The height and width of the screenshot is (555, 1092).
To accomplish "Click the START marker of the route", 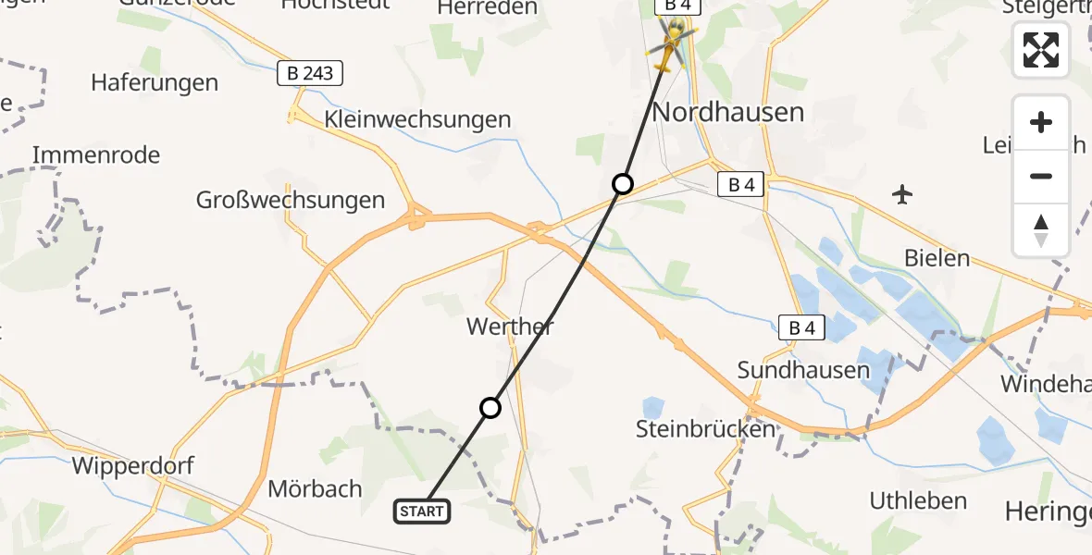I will pyautogui.click(x=423, y=511).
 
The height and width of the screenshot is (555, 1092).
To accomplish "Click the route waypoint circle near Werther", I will pyautogui.click(x=490, y=407).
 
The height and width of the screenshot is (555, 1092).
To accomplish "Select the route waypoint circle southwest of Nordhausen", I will pyautogui.click(x=623, y=184).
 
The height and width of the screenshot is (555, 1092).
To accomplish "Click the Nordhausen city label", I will pyautogui.click(x=728, y=113).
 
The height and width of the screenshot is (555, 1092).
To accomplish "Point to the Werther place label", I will pyautogui.click(x=511, y=326).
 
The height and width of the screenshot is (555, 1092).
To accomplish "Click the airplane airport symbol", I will pyautogui.click(x=902, y=194).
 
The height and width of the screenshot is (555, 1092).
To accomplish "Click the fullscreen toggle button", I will pyautogui.click(x=1041, y=50).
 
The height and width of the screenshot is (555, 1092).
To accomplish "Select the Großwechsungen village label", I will pyautogui.click(x=290, y=200).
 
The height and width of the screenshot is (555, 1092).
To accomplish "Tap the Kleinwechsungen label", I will pyautogui.click(x=417, y=119).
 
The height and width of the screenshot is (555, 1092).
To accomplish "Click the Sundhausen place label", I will pyautogui.click(x=803, y=370).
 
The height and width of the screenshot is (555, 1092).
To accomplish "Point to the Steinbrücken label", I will pyautogui.click(x=705, y=429).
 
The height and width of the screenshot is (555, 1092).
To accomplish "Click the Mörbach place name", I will pyautogui.click(x=315, y=488).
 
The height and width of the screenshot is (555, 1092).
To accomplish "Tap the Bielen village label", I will pyautogui.click(x=937, y=258).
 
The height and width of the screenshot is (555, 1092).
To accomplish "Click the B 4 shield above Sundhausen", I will pyautogui.click(x=801, y=327).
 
